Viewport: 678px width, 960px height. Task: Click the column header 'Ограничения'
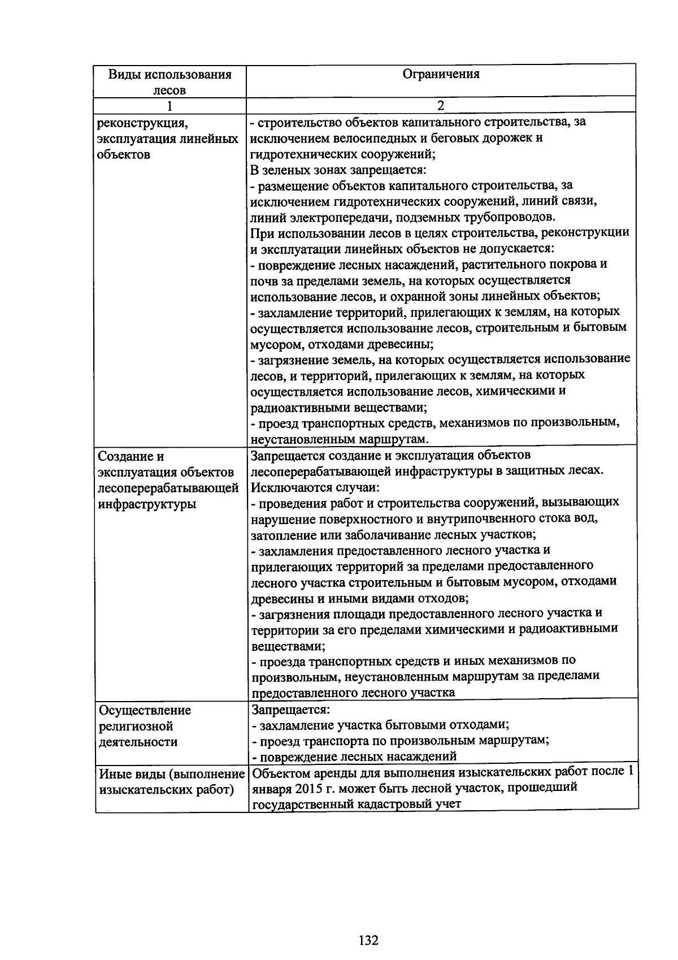[441, 74]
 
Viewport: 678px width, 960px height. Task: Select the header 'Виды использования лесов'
[169, 82]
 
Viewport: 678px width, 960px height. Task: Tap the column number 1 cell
[169, 106]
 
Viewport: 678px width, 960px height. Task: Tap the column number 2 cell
[441, 106]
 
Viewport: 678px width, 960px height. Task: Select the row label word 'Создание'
[126, 456]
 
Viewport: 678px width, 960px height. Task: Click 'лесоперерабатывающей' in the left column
[168, 488]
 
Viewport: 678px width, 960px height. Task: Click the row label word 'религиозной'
[136, 726]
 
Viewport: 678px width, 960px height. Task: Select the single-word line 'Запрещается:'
[290, 709]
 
